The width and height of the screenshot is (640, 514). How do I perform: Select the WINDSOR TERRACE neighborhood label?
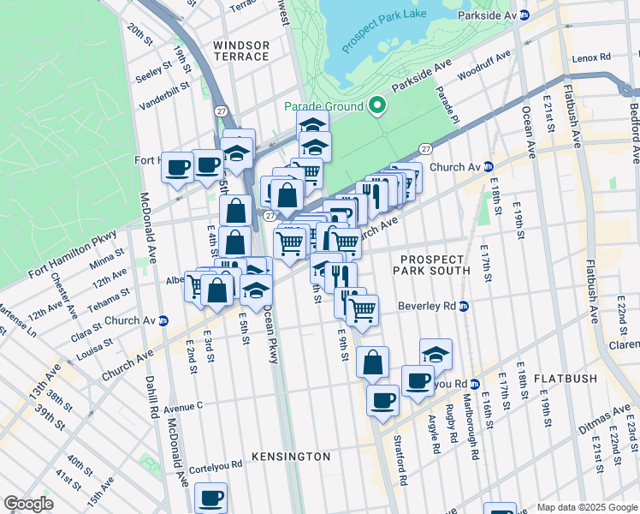click(240, 51)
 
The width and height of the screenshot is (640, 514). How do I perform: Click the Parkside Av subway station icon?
click(524, 16)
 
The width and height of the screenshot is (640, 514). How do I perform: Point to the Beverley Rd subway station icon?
click(463, 306)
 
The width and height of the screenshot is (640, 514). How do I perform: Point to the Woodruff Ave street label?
click(484, 65)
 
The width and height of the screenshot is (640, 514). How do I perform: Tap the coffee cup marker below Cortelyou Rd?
click(210, 497)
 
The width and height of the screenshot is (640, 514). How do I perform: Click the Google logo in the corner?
click(29, 504)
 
